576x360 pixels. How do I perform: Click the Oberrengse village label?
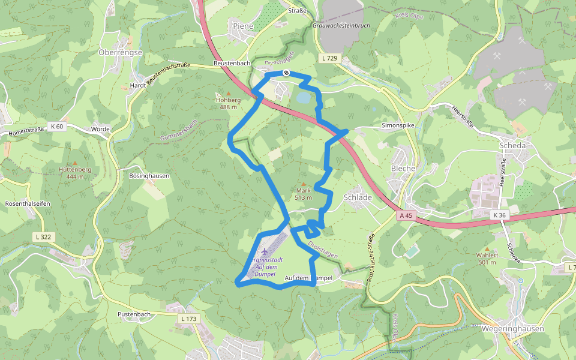pyautogui.click(x=120, y=53)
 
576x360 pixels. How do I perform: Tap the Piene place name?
pyautogui.click(x=243, y=26)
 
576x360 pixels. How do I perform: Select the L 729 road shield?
pyautogui.click(x=329, y=58)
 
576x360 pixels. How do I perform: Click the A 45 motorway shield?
pyautogui.click(x=406, y=215)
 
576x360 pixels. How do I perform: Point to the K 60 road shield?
pyautogui.click(x=57, y=126)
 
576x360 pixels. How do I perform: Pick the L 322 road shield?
pyautogui.click(x=44, y=237)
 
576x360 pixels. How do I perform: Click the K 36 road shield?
pyautogui.click(x=499, y=215)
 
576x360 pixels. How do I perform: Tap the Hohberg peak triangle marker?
pyautogui.click(x=228, y=93)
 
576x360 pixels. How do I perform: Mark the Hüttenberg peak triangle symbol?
pyautogui.click(x=75, y=163)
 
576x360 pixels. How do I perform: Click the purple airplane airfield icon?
pyautogui.click(x=265, y=250)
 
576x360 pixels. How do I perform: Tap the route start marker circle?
pyautogui.click(x=287, y=73)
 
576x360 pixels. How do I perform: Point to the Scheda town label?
pyautogui.click(x=512, y=146)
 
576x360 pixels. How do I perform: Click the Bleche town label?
pyautogui.click(x=403, y=169)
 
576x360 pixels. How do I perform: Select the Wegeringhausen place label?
pyautogui.click(x=512, y=329)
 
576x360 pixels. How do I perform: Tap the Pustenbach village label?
pyautogui.click(x=134, y=314)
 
